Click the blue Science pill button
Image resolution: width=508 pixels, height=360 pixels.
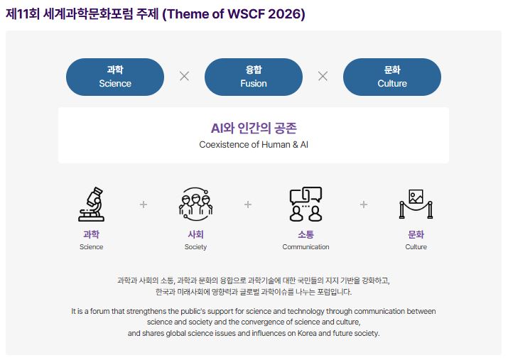tap(115, 77)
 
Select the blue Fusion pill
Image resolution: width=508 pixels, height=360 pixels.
tap(254, 77)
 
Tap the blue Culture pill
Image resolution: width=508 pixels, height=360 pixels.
tap(392, 77)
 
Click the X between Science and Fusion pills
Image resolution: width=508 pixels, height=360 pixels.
tap(184, 77)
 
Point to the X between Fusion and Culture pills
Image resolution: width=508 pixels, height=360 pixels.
tap(323, 77)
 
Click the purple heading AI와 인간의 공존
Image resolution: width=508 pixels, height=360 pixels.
tap(254, 129)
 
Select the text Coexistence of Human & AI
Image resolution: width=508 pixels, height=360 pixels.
tap(254, 145)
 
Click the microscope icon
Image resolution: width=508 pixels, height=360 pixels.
tap(92, 204)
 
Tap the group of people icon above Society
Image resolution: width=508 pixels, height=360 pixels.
tap(195, 204)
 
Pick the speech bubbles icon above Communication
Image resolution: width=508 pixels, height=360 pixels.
tap(306, 204)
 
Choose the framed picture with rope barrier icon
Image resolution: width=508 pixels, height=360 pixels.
tap(416, 204)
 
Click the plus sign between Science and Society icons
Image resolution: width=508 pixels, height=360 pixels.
tap(144, 204)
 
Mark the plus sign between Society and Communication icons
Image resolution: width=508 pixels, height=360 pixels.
tap(248, 204)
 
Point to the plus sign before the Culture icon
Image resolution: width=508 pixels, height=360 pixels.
tap(364, 204)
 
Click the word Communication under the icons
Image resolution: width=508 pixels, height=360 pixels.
tap(306, 246)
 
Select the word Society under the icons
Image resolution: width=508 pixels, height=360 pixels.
tap(195, 247)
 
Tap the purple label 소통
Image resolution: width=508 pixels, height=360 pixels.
tap(306, 234)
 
